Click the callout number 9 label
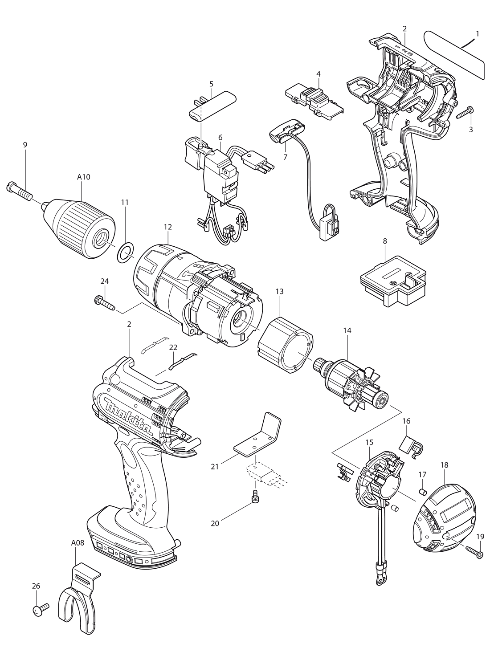coord(25,145)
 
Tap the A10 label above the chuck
coord(83,177)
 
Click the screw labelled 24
coord(104,304)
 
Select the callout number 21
coord(215,467)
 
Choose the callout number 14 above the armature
coord(347,330)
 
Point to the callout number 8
coord(385,241)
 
